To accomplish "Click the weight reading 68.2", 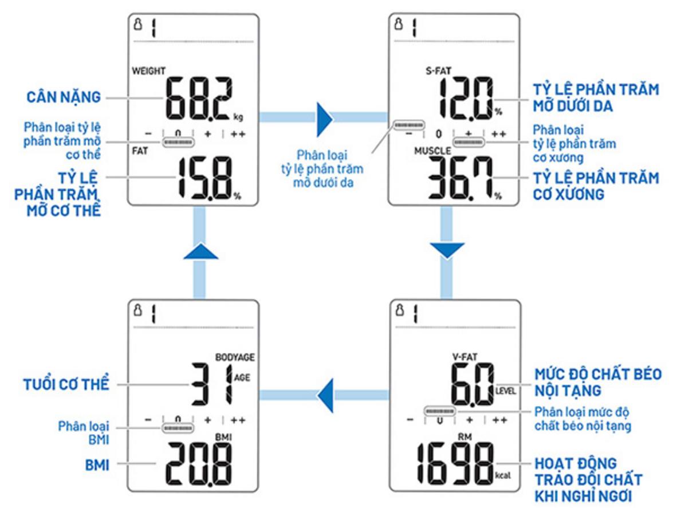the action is [x=199, y=99].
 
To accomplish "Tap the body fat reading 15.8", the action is [x=204, y=178].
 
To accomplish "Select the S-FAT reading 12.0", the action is [x=466, y=99].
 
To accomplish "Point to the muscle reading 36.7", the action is [x=460, y=178].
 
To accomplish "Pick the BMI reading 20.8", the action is [x=199, y=464].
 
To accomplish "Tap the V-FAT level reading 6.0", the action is [x=473, y=384].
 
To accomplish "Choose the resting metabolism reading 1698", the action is [x=455, y=464].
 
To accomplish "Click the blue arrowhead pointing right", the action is [x=324, y=120].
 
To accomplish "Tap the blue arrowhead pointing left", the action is [x=325, y=395].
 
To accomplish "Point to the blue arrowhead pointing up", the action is [x=200, y=251].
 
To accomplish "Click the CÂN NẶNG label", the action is [x=64, y=97].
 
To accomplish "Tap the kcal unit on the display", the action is [x=503, y=475].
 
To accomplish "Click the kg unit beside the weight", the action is [x=238, y=116].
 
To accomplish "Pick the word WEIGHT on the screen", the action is [x=148, y=71].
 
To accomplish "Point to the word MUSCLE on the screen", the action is [x=432, y=151].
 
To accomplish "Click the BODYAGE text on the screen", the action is [x=235, y=357].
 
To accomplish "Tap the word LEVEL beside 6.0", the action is [x=506, y=391].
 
